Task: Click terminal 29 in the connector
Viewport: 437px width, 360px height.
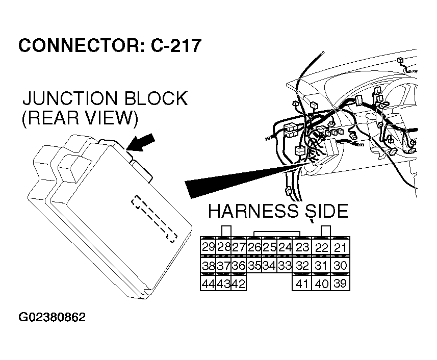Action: click(x=208, y=247)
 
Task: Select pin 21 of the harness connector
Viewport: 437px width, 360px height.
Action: click(x=341, y=248)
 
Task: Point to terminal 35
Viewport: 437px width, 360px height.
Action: click(x=254, y=266)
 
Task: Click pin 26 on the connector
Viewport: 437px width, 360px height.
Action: click(x=254, y=247)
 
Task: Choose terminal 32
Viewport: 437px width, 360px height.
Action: click(x=302, y=266)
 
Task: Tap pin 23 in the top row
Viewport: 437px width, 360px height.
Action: click(x=302, y=248)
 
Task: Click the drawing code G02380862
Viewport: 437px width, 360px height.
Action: click(x=53, y=317)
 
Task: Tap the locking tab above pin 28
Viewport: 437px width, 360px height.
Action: click(x=224, y=230)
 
